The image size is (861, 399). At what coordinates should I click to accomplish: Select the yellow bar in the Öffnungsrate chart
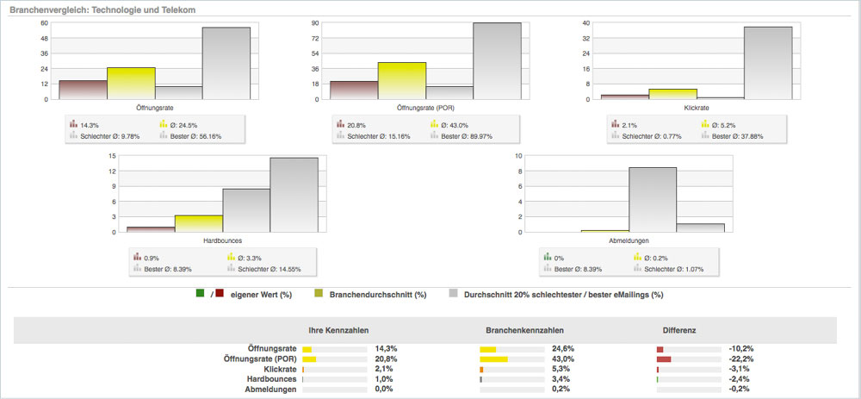[x=131, y=83]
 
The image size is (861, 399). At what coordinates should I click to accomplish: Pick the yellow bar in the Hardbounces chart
[x=198, y=223]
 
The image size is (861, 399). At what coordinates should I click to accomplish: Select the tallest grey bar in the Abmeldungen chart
[x=652, y=199]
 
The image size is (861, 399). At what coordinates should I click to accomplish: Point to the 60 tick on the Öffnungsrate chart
[x=43, y=22]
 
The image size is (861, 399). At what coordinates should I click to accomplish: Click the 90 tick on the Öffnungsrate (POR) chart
[x=314, y=22]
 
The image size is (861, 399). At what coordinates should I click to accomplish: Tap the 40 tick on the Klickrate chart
[x=585, y=22]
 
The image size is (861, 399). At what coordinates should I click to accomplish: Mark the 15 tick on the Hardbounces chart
[x=112, y=156]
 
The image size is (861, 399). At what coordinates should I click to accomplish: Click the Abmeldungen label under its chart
[x=629, y=241]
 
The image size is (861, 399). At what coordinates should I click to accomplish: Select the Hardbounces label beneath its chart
[x=222, y=241]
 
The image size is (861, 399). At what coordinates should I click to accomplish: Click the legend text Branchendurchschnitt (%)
[x=378, y=294]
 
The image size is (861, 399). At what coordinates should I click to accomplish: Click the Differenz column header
[x=679, y=330]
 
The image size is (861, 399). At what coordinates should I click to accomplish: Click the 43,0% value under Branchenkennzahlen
[x=563, y=358]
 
